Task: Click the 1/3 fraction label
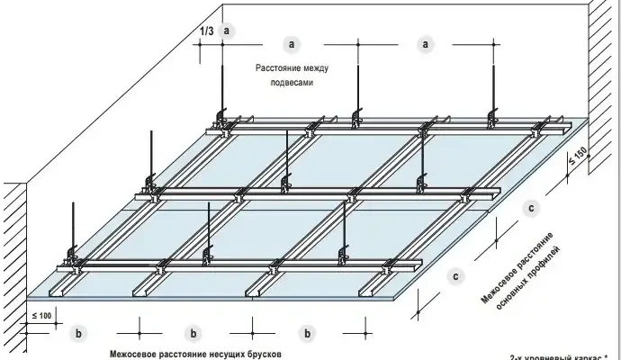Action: [x=206, y=31]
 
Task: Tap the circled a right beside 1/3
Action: [x=228, y=31]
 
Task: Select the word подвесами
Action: [x=290, y=81]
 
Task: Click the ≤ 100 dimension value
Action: [x=40, y=315]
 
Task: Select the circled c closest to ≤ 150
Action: [x=532, y=209]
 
